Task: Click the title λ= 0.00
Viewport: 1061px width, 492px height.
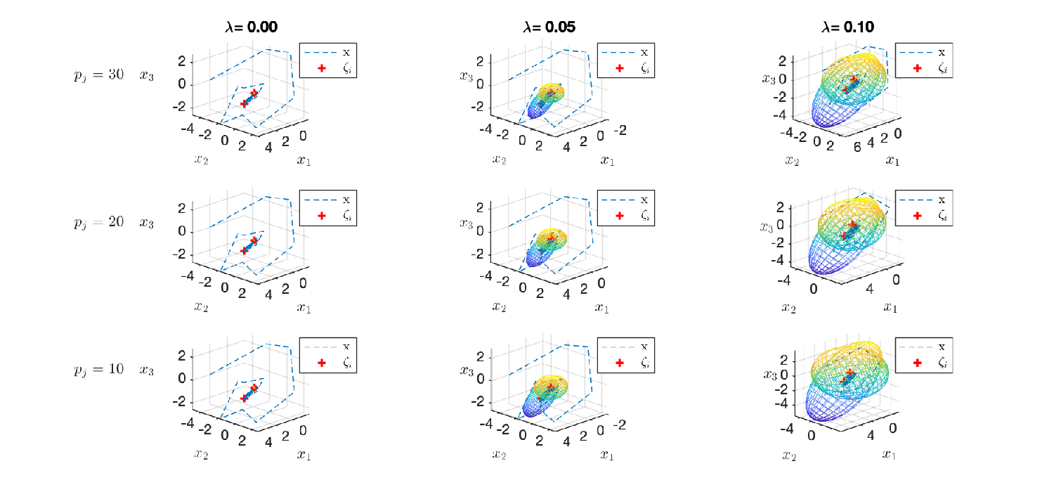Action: point(251,27)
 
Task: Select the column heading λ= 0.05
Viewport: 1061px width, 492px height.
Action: point(549,27)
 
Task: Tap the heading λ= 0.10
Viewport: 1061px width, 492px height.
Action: point(847,27)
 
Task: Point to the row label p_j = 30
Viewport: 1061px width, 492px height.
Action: point(98,75)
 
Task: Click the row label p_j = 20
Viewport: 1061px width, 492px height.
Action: point(98,222)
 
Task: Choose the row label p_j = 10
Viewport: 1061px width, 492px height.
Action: point(98,370)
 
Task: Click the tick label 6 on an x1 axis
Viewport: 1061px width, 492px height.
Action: point(857,148)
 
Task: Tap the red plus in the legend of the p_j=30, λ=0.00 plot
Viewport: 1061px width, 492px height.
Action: point(322,68)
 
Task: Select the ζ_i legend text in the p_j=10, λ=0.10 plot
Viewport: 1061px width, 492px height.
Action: point(942,363)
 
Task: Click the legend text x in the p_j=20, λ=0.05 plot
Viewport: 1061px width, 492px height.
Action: point(644,200)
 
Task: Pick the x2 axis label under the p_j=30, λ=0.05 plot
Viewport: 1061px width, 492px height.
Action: point(500,160)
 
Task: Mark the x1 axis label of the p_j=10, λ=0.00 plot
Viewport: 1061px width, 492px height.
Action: point(304,455)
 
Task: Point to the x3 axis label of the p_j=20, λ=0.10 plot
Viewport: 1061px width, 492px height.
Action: point(767,228)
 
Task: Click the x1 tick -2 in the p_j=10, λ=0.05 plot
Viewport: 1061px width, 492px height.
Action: point(619,425)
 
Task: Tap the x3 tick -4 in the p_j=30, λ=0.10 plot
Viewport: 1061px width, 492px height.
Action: point(779,115)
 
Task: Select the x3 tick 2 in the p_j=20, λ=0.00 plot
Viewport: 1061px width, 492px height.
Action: point(181,209)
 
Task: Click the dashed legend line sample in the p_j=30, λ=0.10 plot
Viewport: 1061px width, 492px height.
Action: point(916,53)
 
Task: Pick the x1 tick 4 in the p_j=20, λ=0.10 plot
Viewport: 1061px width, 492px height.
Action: point(869,289)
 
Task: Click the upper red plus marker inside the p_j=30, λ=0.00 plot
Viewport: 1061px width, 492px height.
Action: point(254,93)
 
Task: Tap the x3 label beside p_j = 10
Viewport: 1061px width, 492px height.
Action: point(146,370)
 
